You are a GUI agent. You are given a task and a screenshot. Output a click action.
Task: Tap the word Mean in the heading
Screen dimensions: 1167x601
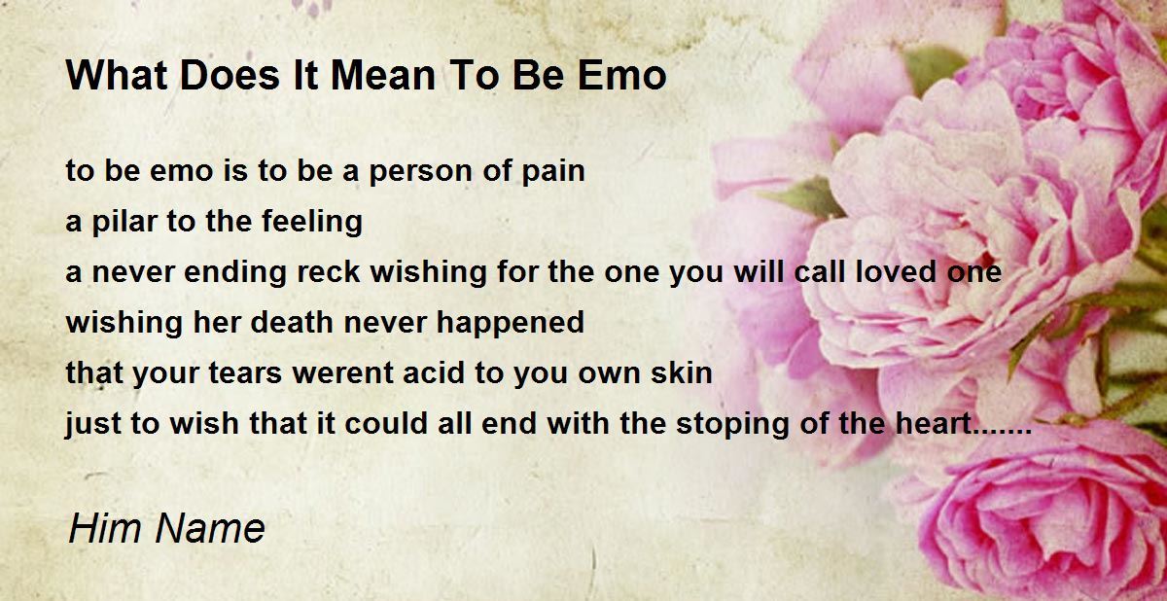coord(383,76)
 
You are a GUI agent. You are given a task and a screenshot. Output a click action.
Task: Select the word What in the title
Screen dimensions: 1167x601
coord(117,76)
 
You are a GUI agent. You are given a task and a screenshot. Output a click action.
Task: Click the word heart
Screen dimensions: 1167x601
coord(933,423)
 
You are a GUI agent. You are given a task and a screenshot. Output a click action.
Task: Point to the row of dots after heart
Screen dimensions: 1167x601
coord(1002,433)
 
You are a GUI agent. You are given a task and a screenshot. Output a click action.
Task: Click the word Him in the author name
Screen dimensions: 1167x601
coord(105,528)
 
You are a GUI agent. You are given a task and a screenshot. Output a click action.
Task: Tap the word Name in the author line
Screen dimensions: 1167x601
coord(210,528)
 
